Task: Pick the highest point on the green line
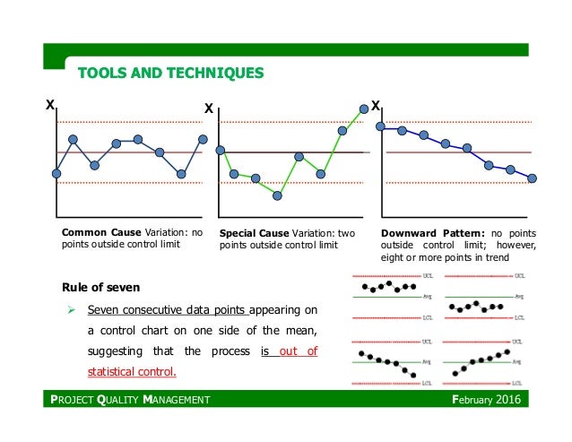coord(364,108)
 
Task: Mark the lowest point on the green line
coord(278,195)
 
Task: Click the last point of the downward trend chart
coord(533,178)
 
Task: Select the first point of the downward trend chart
coord(381,126)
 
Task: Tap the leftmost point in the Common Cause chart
coord(56,173)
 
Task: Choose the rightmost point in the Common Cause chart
coord(204,139)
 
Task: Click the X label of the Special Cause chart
coord(209,108)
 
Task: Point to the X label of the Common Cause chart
coord(50,106)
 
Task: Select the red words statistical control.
coord(132,371)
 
